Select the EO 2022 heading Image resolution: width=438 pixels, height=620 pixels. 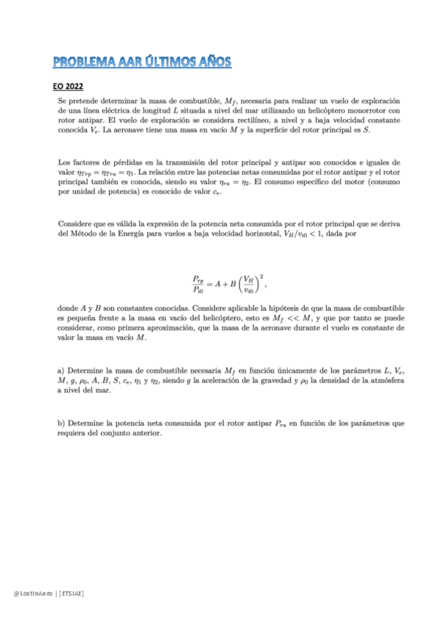coord(71,86)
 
